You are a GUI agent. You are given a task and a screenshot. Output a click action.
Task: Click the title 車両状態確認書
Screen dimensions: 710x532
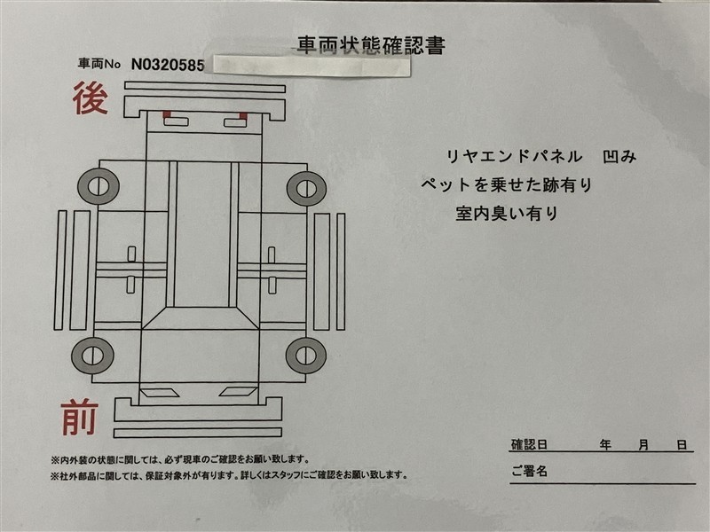coord(371,45)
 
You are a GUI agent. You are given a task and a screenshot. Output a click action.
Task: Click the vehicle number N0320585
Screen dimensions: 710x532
coord(168,65)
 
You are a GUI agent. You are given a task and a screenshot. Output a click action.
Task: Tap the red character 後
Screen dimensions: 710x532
coord(91,98)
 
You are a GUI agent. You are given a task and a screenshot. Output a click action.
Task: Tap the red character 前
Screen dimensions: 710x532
coord(80,418)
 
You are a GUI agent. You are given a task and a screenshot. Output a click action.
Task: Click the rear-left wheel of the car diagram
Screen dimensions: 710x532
coord(99,186)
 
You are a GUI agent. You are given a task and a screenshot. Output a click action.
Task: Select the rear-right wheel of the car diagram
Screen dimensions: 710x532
coord(306,188)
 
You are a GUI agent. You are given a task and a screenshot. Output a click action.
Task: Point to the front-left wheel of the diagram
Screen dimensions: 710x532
coord(92,356)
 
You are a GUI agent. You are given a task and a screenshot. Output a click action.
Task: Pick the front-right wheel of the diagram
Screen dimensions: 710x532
coord(306,356)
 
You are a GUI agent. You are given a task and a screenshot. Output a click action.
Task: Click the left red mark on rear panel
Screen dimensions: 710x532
coord(167,114)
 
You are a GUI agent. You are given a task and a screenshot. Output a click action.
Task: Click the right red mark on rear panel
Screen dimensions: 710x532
coord(243,116)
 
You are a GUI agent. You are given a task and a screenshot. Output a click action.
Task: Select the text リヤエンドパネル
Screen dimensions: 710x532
coord(515,157)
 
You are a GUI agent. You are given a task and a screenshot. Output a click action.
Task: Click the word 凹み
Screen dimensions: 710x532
coord(619,157)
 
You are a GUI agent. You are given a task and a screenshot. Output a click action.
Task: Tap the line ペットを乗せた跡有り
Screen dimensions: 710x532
coord(507,184)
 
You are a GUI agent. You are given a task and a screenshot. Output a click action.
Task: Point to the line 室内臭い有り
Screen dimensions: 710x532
coord(507,213)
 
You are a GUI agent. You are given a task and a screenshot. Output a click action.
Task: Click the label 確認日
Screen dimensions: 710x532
coord(529,444)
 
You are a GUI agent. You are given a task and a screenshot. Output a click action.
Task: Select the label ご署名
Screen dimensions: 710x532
coord(529,471)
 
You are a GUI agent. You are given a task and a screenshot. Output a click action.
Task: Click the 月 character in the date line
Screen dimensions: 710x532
coord(643,445)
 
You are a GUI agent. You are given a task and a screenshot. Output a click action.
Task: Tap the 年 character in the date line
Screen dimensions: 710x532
coord(605,445)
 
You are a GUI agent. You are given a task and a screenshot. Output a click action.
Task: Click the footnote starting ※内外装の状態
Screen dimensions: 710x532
coord(180,460)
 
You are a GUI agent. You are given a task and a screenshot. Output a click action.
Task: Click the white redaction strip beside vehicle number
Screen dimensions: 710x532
coord(312,66)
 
